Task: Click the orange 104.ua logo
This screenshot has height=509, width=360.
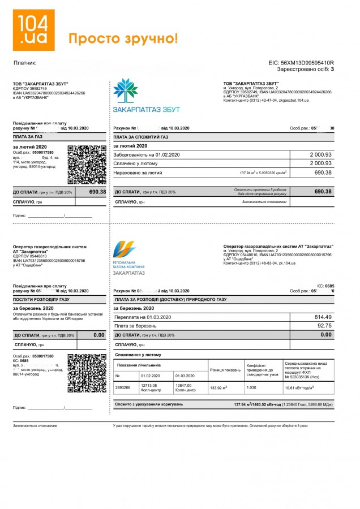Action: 34,30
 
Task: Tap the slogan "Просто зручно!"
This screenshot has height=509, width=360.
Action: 123,38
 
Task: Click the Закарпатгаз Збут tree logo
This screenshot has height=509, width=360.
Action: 125,90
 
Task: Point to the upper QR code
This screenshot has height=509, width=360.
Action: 87,165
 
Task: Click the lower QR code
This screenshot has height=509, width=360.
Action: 87,373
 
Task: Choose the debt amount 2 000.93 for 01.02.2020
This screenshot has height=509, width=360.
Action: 320,154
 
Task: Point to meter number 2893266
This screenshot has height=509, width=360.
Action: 123,387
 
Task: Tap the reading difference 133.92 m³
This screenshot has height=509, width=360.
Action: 218,388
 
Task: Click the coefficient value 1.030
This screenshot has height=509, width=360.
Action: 252,388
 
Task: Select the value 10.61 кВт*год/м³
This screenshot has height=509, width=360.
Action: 299,388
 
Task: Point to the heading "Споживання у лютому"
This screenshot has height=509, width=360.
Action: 138,355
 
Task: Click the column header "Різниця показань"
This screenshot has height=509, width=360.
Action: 225,370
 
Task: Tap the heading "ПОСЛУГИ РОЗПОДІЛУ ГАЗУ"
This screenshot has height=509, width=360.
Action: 41,299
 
